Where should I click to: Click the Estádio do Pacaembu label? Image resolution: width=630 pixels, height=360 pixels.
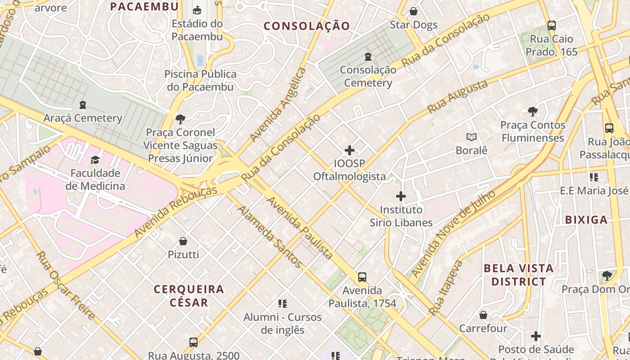(197, 30)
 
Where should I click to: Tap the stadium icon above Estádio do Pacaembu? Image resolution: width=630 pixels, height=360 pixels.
(197, 10)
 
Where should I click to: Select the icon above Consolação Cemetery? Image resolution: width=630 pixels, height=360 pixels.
(368, 57)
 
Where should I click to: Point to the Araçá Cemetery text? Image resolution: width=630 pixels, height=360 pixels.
(83, 118)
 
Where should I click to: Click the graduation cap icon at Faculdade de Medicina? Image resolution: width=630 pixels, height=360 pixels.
(95, 160)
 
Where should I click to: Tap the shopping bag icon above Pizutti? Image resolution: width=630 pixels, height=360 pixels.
(183, 241)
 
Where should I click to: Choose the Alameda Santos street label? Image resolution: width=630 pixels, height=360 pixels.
(269, 237)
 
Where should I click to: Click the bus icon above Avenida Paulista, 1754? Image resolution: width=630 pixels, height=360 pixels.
(362, 277)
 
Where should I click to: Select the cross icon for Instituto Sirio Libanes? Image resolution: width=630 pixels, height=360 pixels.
(400, 196)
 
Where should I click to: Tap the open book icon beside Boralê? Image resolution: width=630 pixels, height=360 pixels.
(472, 137)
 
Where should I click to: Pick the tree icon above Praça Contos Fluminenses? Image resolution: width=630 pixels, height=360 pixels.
(532, 111)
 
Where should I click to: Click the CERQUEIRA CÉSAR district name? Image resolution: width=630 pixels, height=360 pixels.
(189, 296)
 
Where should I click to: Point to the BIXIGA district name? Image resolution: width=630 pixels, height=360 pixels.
(586, 220)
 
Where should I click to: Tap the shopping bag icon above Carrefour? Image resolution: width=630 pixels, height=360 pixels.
(483, 315)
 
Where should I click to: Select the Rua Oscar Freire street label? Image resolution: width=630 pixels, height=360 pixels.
(66, 285)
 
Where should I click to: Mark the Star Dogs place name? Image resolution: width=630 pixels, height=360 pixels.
(414, 25)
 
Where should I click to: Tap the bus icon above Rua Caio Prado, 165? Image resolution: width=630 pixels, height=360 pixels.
(552, 26)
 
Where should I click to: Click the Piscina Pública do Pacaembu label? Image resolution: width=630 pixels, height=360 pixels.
(201, 80)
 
